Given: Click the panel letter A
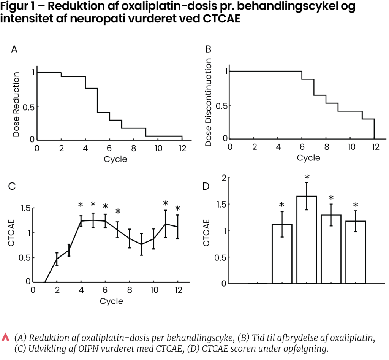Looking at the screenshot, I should coord(14,49).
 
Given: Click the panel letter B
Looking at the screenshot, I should coord(208,49).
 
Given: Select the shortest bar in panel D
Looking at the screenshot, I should coord(282,254).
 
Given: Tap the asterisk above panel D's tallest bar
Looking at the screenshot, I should coord(307,177).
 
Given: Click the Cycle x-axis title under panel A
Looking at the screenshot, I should coord(115,159).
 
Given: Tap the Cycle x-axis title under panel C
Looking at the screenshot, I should coord(111,301).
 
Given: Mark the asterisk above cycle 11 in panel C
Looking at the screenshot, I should coord(166,203).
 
